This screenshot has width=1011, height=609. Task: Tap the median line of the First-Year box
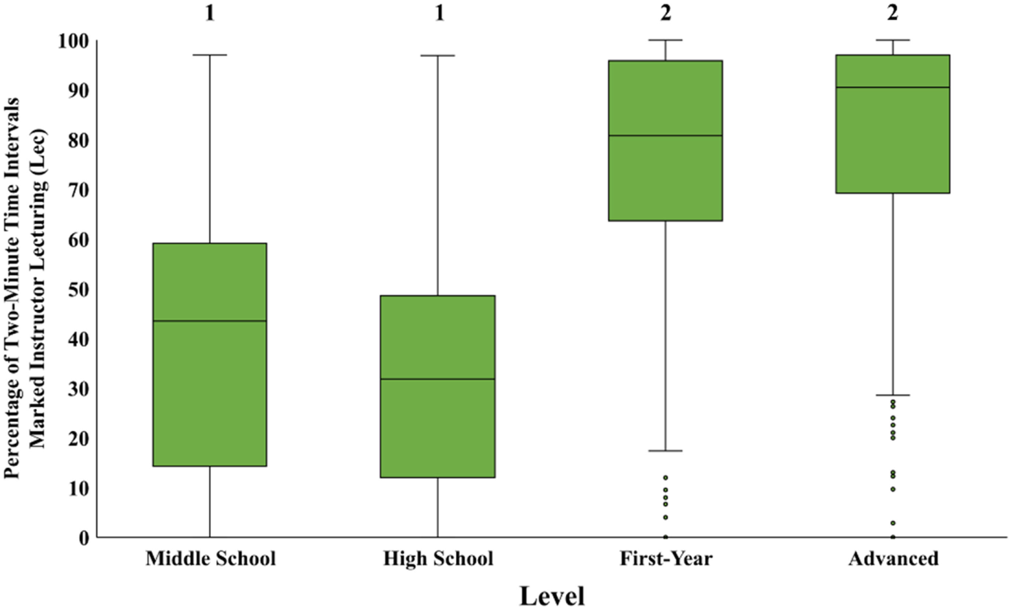(x=666, y=135)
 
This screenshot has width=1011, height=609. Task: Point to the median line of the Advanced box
(x=892, y=87)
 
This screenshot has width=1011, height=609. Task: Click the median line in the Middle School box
(x=210, y=320)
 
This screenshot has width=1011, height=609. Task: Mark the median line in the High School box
(x=438, y=379)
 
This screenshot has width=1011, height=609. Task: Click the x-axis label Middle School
(x=210, y=558)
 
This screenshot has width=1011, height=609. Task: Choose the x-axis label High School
(x=438, y=558)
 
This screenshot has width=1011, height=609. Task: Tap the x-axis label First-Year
(x=666, y=558)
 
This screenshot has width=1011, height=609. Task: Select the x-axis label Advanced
(x=893, y=558)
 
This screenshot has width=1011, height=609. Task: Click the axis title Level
(x=552, y=596)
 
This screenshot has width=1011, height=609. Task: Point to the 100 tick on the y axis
(x=73, y=41)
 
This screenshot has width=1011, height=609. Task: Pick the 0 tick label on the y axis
(x=83, y=538)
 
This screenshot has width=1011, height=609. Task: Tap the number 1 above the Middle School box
(x=210, y=13)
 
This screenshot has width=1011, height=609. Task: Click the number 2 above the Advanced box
(x=892, y=13)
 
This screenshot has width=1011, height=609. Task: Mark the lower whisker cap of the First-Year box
(x=666, y=451)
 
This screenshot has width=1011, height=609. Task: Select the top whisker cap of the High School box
(x=438, y=56)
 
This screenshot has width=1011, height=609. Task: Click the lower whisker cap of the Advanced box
(x=892, y=395)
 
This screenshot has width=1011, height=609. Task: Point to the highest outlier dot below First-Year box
(x=666, y=478)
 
